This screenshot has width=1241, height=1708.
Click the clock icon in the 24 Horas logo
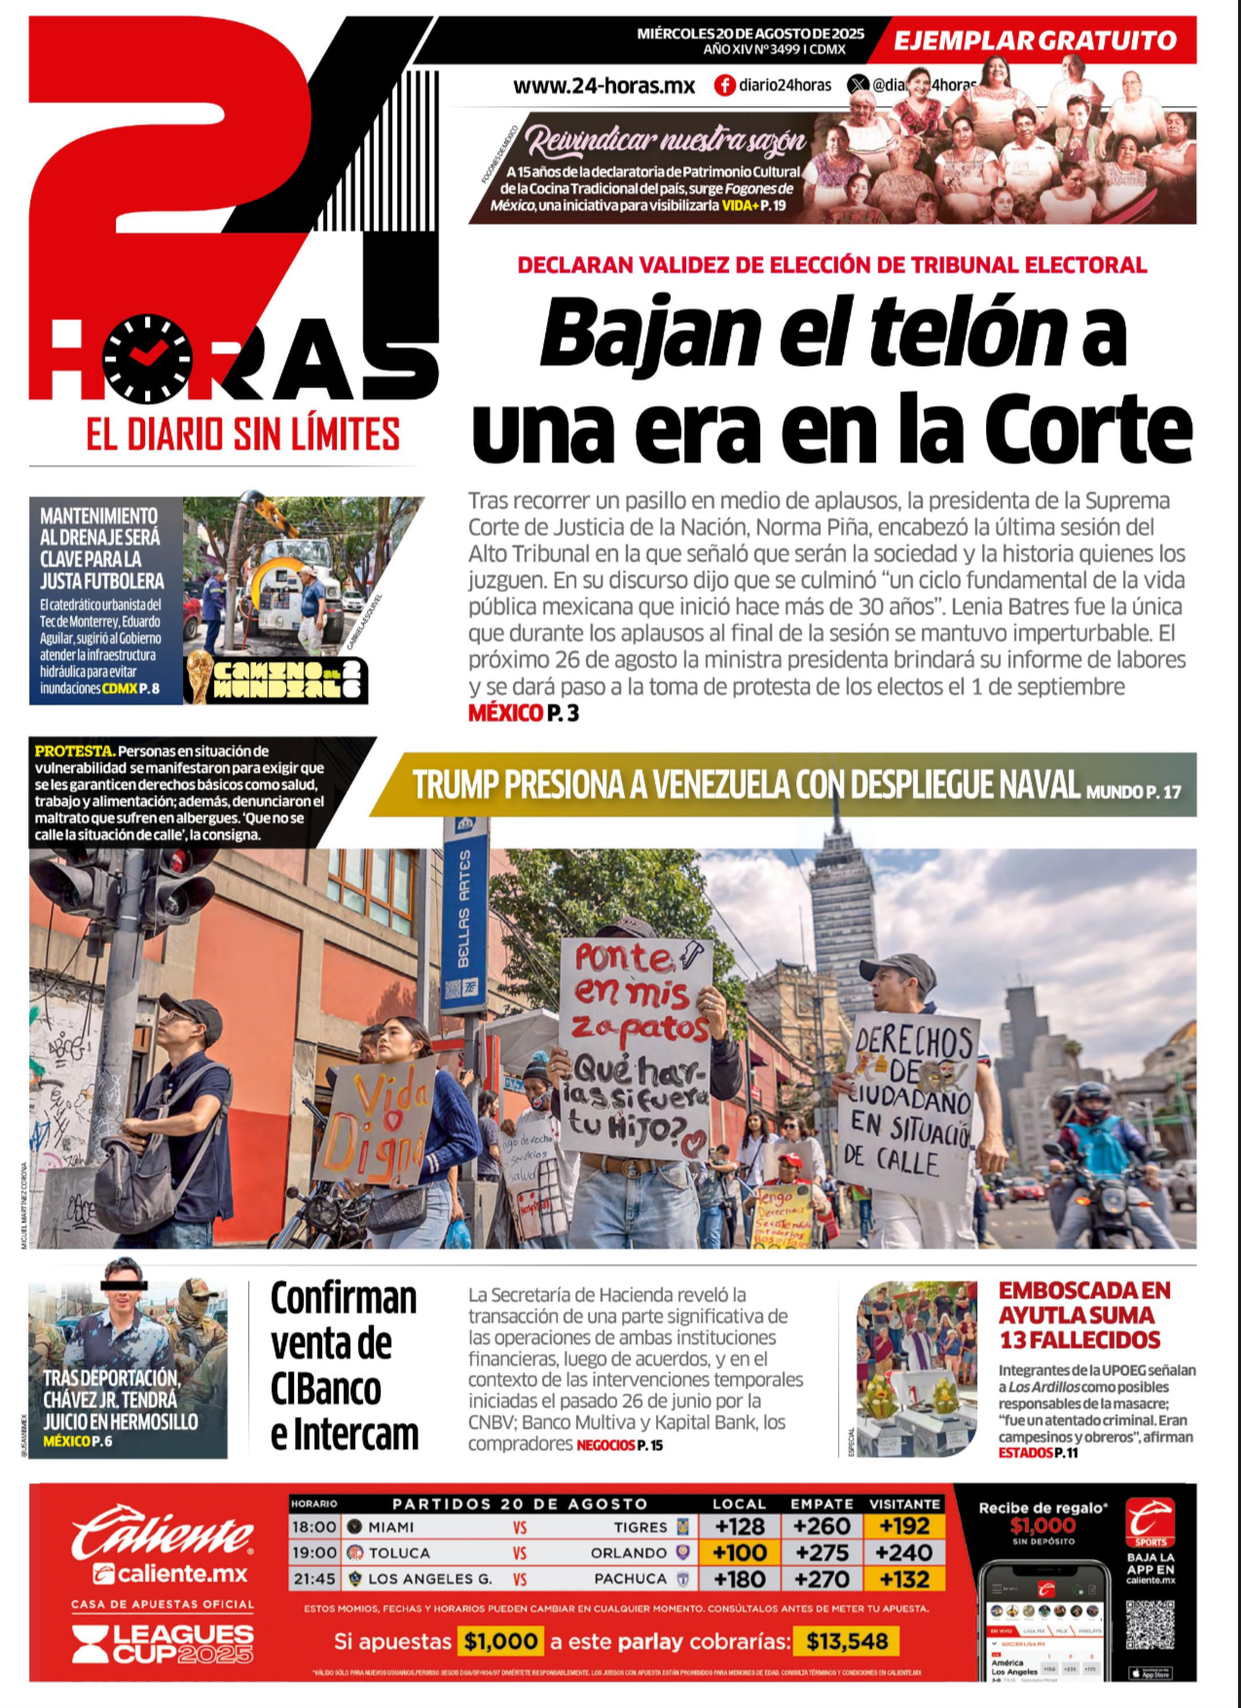click(148, 358)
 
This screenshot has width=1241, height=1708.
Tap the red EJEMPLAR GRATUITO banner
click(1035, 41)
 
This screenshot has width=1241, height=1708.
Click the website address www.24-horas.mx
click(603, 86)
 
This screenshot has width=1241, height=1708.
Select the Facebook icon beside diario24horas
click(724, 86)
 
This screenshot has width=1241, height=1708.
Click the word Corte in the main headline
click(1087, 429)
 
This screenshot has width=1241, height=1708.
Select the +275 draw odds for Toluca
click(821, 1552)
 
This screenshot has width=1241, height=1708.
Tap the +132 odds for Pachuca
click(904, 1579)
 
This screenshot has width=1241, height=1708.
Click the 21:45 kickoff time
click(313, 1579)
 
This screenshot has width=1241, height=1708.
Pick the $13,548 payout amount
click(847, 1642)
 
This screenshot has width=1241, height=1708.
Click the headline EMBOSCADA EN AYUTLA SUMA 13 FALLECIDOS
click(1084, 1315)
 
